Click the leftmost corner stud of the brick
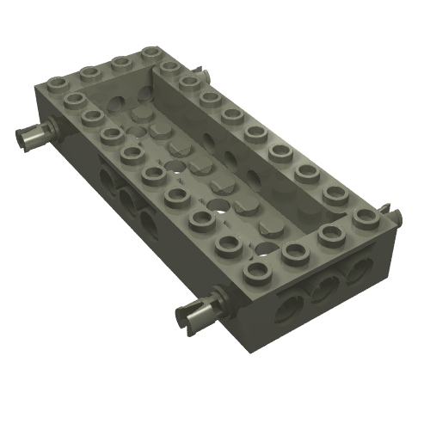pos(58,83)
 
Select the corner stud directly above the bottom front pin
pos(255,271)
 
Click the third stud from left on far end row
pos(121,62)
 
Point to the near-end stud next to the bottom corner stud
pos(296,252)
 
